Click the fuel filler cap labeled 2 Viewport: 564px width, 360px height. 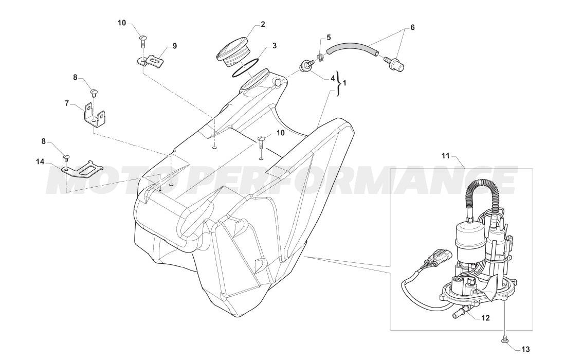(232, 53)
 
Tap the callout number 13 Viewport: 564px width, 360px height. (525, 349)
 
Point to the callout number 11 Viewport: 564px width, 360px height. (445, 156)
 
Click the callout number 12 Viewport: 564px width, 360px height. (485, 318)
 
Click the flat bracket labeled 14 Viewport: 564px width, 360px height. (82, 170)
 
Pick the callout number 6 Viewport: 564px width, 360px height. (412, 27)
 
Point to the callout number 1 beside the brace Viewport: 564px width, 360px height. (344, 83)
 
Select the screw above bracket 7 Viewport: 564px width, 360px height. (94, 93)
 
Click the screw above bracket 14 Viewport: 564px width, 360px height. (66, 158)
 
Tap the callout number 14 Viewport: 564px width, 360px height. (40, 162)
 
